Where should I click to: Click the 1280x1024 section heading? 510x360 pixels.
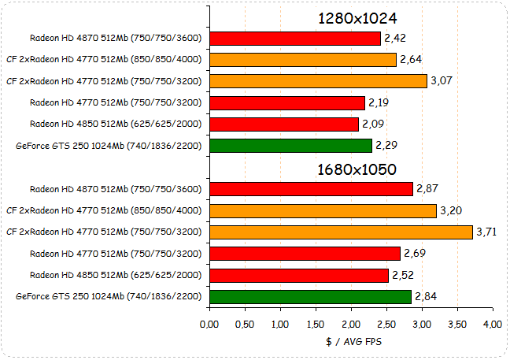click(x=357, y=17)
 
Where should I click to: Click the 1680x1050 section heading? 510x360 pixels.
click(x=357, y=169)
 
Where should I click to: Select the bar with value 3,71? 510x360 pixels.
click(x=341, y=232)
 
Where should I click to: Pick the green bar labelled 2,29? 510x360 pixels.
click(x=290, y=146)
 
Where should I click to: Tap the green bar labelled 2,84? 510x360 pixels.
click(x=310, y=296)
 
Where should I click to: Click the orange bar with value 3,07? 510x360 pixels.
click(x=318, y=80)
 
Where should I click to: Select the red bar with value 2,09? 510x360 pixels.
click(x=283, y=124)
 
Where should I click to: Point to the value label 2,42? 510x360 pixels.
click(x=395, y=38)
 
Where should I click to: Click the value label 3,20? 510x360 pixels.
click(x=451, y=210)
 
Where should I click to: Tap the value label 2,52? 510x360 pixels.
click(x=403, y=275)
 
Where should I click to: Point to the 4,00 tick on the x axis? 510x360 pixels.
click(x=493, y=324)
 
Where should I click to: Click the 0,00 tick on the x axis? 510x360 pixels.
click(x=209, y=324)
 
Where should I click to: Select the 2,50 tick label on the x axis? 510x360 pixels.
click(x=386, y=324)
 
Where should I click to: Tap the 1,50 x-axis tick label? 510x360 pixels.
click(x=316, y=324)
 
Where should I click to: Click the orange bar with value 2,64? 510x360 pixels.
click(x=303, y=59)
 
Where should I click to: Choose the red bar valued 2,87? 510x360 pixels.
click(x=311, y=189)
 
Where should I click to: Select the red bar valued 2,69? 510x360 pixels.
click(x=305, y=253)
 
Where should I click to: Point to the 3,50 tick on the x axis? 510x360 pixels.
click(x=457, y=324)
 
